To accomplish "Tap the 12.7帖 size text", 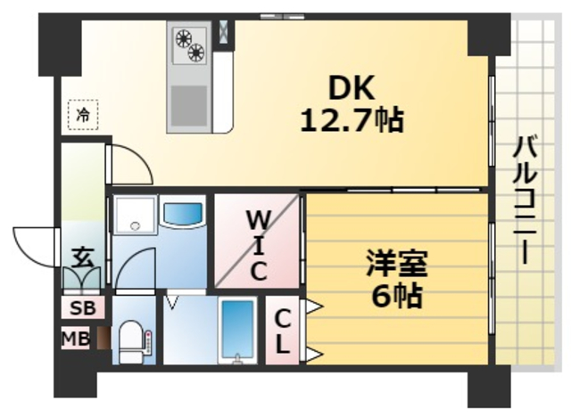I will (352, 119).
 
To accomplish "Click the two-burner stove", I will (190, 45).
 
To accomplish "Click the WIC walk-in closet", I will (257, 242).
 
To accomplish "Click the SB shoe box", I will (81, 308).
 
